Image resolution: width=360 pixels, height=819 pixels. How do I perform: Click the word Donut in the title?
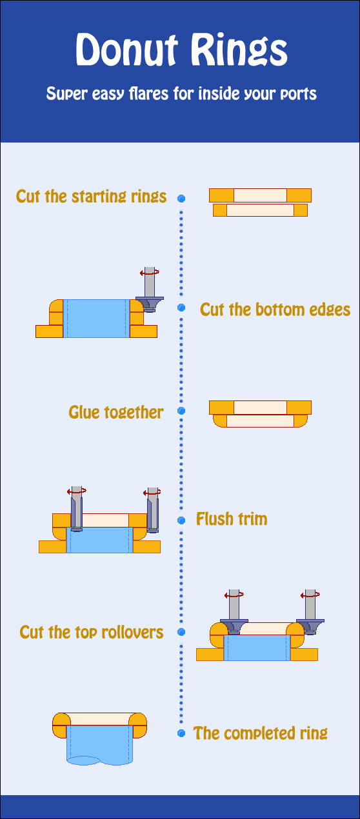click(126, 50)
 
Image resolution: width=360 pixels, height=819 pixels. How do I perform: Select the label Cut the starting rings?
click(91, 197)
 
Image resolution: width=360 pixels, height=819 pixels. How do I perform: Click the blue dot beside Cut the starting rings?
click(181, 198)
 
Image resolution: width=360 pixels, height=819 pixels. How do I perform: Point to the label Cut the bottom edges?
click(275, 310)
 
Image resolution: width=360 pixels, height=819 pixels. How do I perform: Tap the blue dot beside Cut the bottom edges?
click(181, 308)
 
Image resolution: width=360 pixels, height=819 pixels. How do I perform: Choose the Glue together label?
click(116, 413)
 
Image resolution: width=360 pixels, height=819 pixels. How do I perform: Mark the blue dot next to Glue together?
click(181, 411)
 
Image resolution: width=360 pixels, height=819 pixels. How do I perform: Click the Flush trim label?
click(232, 519)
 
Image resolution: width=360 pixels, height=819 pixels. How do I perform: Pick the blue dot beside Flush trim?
click(181, 520)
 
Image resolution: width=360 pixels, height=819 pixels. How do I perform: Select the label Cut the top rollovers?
click(92, 632)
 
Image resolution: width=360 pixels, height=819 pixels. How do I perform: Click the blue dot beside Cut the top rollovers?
click(181, 632)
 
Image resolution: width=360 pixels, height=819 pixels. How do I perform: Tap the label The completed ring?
click(261, 733)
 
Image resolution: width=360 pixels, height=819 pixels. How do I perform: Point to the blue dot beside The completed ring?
click(181, 733)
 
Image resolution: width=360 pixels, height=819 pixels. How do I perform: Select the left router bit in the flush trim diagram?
click(77, 509)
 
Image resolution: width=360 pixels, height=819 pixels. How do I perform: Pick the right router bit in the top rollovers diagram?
click(310, 612)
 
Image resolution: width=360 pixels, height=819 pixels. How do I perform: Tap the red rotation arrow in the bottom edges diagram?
click(150, 272)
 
